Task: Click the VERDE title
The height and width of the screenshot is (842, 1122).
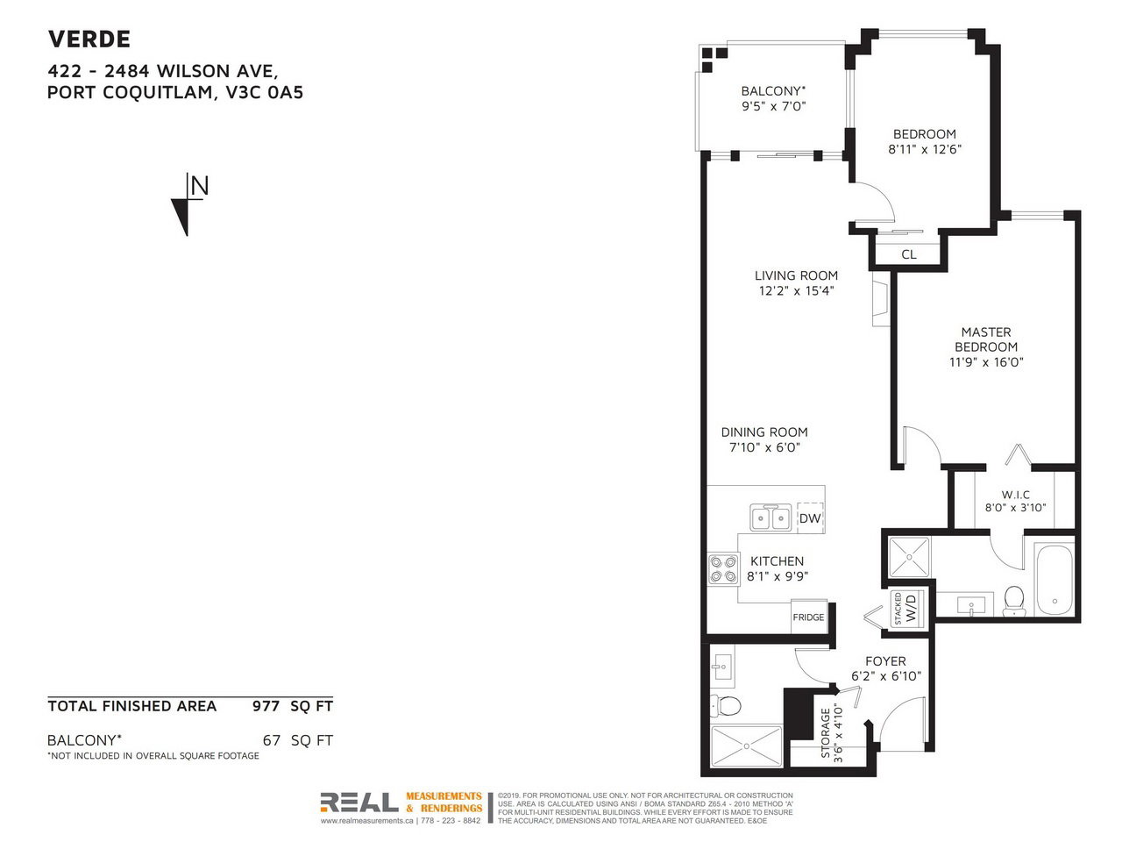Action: [x=89, y=39]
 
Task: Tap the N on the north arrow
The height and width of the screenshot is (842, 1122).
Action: [x=199, y=186]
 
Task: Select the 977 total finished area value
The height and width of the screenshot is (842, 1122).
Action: [x=266, y=706]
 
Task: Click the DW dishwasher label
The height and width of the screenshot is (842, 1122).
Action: [x=810, y=518]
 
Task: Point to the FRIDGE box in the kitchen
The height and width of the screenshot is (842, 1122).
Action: [x=809, y=617]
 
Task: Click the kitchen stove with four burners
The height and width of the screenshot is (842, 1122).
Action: [x=723, y=569]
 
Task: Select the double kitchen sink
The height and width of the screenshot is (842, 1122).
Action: [x=770, y=517]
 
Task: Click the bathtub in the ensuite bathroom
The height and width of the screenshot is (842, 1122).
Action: [x=1054, y=581]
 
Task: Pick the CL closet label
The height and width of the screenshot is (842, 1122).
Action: [x=909, y=254]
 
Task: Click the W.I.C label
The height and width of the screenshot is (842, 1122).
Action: [x=1016, y=495]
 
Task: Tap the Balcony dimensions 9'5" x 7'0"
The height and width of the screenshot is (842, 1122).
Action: [x=774, y=106]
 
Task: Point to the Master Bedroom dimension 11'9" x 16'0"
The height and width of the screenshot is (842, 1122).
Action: [x=986, y=362]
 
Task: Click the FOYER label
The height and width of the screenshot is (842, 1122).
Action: [x=886, y=661]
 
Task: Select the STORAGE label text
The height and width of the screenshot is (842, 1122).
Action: [x=826, y=732]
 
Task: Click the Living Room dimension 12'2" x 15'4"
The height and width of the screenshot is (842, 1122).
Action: [x=797, y=291]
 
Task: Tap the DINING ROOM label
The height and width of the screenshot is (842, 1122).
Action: [x=764, y=432]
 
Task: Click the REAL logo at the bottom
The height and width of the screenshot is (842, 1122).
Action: [x=359, y=803]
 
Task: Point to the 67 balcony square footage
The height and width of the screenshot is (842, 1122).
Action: [x=272, y=740]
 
